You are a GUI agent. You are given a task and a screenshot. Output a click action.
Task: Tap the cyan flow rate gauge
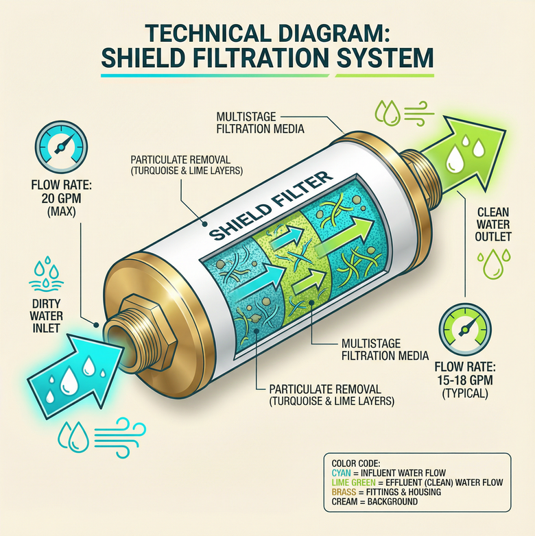(61, 147)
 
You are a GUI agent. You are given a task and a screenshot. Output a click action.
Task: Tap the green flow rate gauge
(465, 330)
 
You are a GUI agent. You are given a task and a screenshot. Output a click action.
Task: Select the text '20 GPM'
(62, 198)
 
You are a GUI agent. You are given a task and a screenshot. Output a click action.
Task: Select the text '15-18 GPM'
(465, 380)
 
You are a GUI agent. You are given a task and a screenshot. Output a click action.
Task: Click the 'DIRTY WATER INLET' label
(46, 315)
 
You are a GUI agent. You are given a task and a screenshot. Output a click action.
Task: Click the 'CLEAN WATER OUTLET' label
(493, 224)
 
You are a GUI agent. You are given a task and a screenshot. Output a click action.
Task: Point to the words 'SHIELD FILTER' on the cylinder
(270, 206)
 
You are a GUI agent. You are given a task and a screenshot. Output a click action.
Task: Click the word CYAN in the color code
(341, 473)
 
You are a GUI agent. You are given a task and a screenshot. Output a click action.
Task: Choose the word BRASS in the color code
(344, 492)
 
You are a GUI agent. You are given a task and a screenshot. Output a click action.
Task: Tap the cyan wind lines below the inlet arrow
(120, 437)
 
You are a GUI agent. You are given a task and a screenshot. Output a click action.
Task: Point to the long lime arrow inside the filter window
(344, 236)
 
